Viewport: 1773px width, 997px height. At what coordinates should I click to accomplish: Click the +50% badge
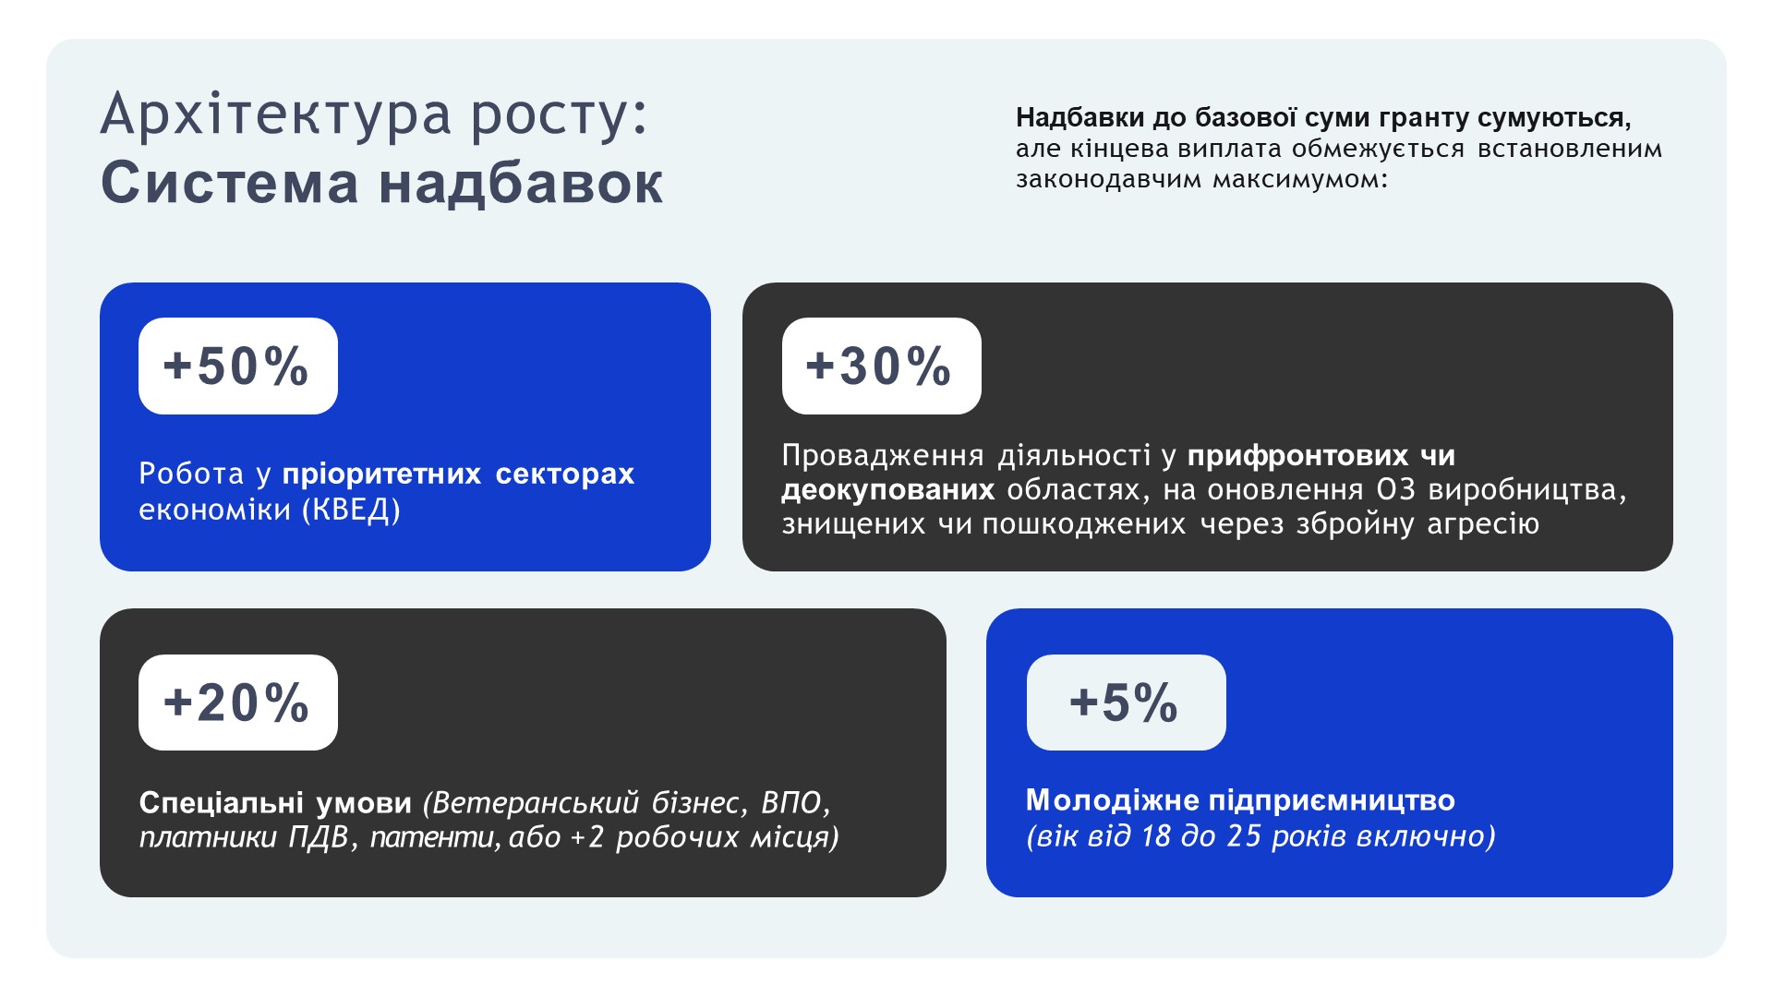pos(238,366)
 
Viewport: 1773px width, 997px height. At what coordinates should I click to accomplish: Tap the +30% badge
pos(882,366)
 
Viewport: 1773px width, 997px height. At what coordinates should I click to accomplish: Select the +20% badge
pos(238,703)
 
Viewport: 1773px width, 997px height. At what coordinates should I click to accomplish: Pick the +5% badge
pos(1127,703)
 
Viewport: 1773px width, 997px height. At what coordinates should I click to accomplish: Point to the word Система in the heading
pos(229,183)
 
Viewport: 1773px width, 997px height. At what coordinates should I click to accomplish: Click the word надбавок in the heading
pos(521,183)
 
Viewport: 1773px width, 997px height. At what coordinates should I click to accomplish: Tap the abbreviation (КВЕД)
pos(352,510)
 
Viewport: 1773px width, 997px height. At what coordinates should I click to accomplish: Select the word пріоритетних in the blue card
pos(381,474)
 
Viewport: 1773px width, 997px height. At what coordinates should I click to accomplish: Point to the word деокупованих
pos(888,489)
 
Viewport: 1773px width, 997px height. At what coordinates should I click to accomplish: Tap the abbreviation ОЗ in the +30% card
pos(1396,489)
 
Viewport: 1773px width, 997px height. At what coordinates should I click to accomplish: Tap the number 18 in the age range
pos(1156,836)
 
